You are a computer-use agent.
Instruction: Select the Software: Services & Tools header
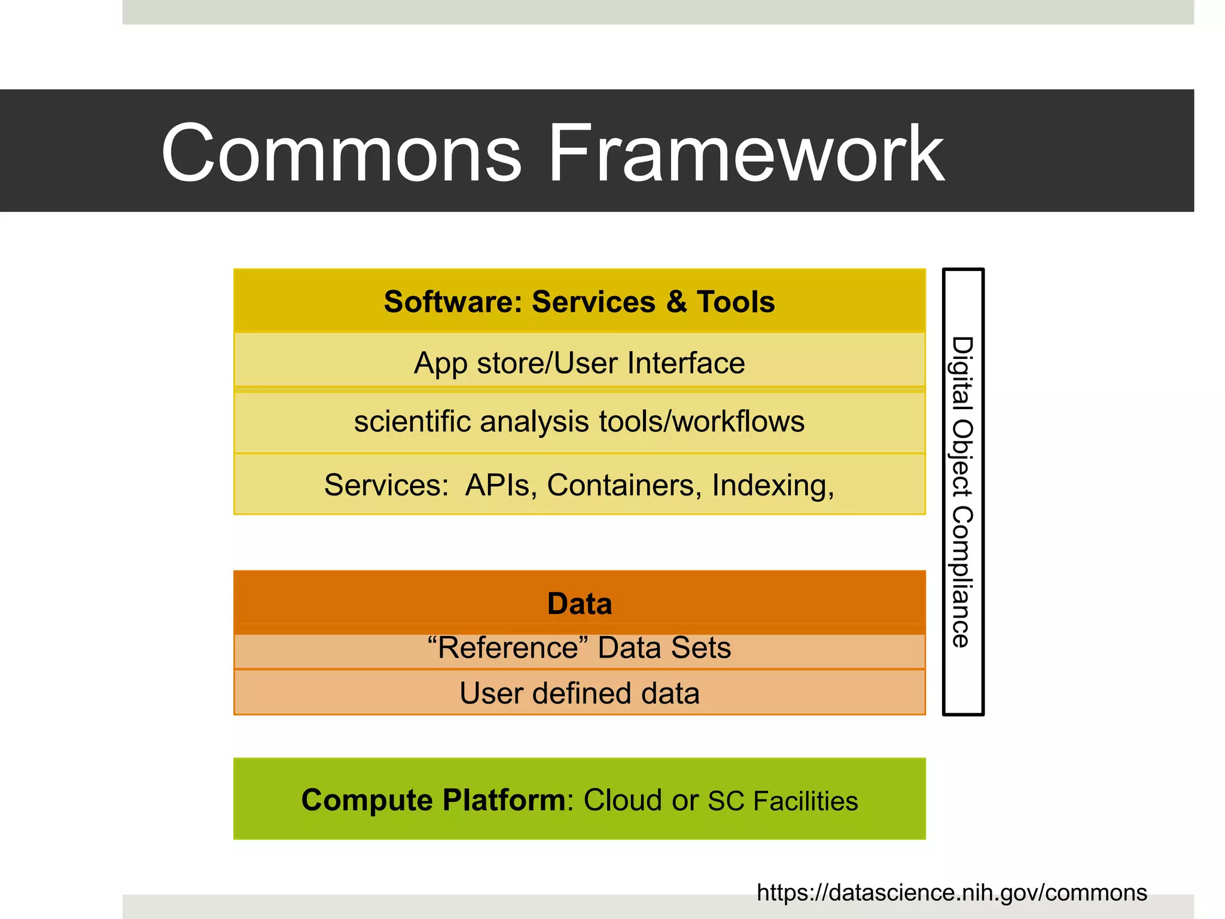(x=579, y=302)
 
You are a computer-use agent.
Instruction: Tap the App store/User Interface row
(x=579, y=363)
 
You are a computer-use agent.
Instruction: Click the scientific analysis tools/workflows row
(x=579, y=422)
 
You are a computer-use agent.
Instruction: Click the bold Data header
(x=579, y=604)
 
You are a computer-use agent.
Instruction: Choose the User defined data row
(x=579, y=693)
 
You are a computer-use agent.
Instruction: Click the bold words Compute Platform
(x=433, y=801)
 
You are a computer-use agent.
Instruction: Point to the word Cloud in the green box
(x=623, y=801)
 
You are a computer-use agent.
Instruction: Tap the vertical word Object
(x=962, y=458)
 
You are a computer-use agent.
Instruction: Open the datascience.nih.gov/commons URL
(x=951, y=893)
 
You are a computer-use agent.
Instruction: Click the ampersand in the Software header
(x=676, y=302)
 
